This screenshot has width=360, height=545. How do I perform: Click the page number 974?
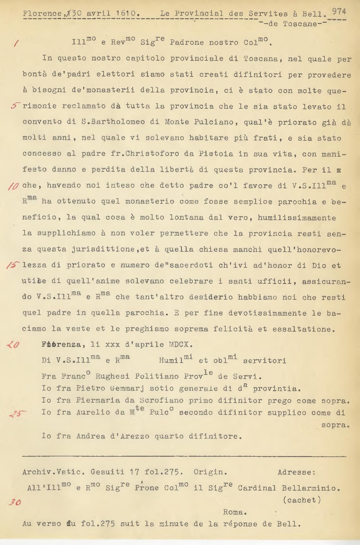coord(339,11)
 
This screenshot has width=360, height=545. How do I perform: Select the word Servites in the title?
coord(268,14)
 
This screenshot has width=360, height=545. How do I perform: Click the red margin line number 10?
coord(13,186)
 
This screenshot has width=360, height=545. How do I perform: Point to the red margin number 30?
coord(15,502)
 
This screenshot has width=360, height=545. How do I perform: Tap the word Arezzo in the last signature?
coord(132,436)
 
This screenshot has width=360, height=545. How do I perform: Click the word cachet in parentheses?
coord(302,500)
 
